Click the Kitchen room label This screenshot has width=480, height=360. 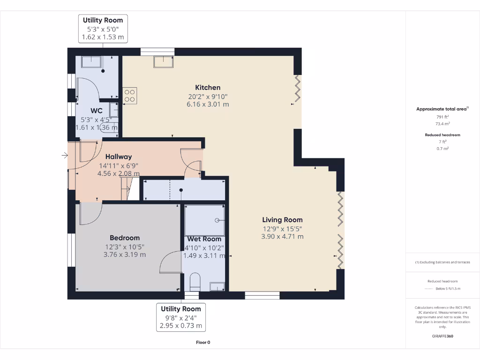pyautogui.click(x=208, y=88)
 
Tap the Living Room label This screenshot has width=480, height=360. pyautogui.click(x=282, y=220)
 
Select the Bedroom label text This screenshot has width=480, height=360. pyautogui.click(x=125, y=238)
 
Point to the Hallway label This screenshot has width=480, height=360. pyautogui.click(x=119, y=157)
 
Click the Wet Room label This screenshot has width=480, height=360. pyautogui.click(x=204, y=239)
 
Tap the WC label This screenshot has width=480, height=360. pyautogui.click(x=97, y=111)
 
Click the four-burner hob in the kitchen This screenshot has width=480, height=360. pyautogui.click(x=130, y=96)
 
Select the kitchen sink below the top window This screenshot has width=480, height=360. pyautogui.click(x=164, y=61)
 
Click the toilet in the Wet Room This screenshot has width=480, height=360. pyautogui.click(x=195, y=282)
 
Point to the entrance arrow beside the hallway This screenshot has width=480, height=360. pyautogui.click(x=65, y=156)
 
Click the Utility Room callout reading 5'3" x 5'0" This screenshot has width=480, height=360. pyautogui.click(x=103, y=29)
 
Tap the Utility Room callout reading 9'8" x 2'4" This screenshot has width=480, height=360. pyautogui.click(x=181, y=317)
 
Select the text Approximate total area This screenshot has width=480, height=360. pyautogui.click(x=442, y=109)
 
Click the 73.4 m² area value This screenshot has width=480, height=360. pyautogui.click(x=442, y=124)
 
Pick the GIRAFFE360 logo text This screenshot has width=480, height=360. pyautogui.click(x=442, y=336)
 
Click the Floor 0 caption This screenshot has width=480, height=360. pyautogui.click(x=203, y=343)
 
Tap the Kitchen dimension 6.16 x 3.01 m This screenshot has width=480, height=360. pyautogui.click(x=208, y=105)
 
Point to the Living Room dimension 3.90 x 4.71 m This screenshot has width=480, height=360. pyautogui.click(x=282, y=237)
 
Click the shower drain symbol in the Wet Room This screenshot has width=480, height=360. pyautogui.click(x=217, y=220)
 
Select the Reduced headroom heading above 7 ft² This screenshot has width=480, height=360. pyautogui.click(x=442, y=135)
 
